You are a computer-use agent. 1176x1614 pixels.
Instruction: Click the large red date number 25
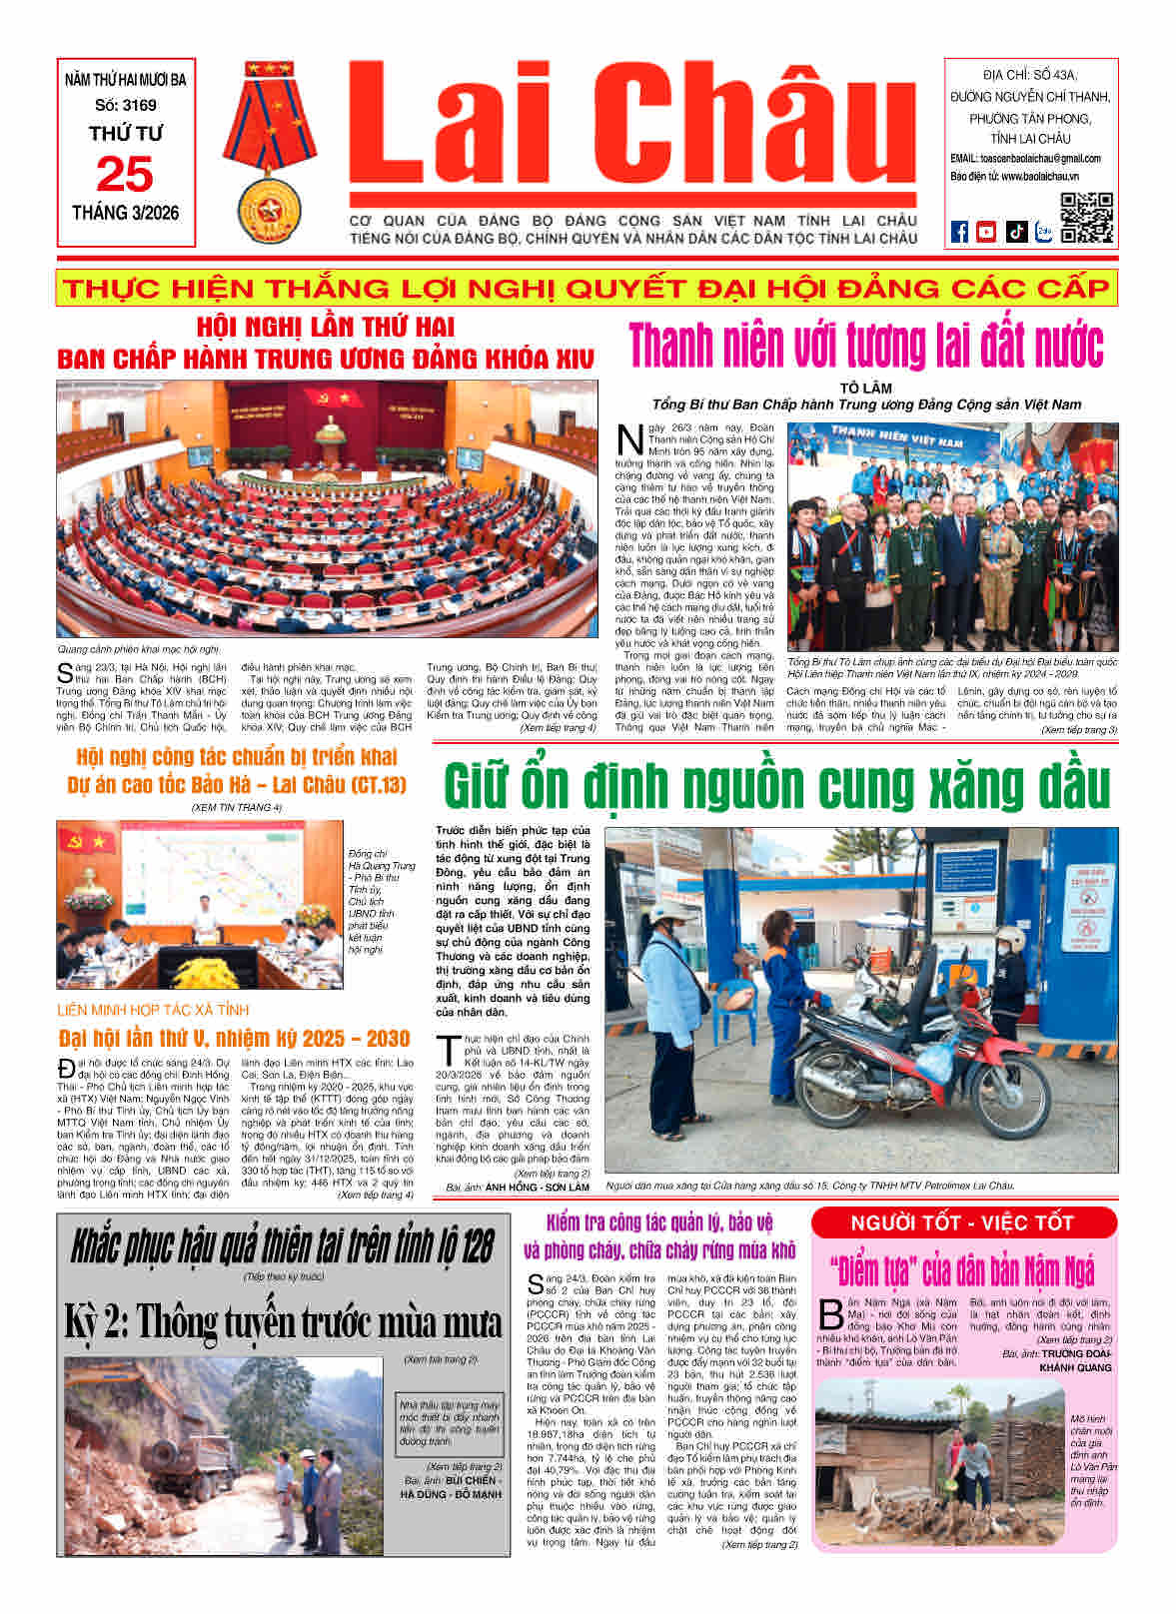[125, 175]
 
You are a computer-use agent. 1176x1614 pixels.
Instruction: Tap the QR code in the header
[1086, 218]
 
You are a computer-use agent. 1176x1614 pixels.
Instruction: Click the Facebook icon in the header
[959, 231]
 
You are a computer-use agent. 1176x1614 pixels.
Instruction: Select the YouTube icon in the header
[986, 231]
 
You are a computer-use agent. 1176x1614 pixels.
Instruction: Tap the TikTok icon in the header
[1015, 231]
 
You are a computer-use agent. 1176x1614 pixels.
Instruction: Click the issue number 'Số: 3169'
[125, 105]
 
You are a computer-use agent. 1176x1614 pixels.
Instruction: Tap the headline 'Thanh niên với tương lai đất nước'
[866, 345]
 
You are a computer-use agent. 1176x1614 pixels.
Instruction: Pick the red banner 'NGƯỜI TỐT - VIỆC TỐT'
[962, 1223]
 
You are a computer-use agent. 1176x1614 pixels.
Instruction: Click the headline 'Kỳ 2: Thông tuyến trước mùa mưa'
[283, 1321]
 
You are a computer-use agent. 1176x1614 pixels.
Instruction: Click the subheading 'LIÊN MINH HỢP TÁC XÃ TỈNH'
[153, 1010]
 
